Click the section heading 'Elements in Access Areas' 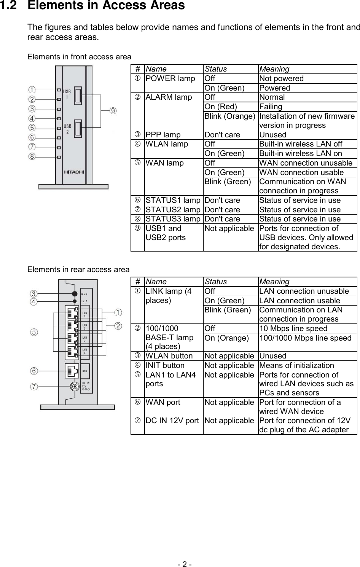[x=107, y=6]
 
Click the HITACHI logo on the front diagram [x=74, y=172]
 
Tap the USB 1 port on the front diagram [x=78, y=96]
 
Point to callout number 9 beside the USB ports [x=113, y=111]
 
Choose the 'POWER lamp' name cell [x=170, y=79]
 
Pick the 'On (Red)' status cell [x=221, y=107]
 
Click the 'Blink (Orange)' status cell [x=230, y=116]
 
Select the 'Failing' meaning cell [x=271, y=107]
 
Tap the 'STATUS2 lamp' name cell [x=173, y=210]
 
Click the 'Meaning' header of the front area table [x=274, y=69]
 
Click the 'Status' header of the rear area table [x=215, y=282]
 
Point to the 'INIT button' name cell [x=165, y=365]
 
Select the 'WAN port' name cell [x=163, y=402]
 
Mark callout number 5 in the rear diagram [x=34, y=332]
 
